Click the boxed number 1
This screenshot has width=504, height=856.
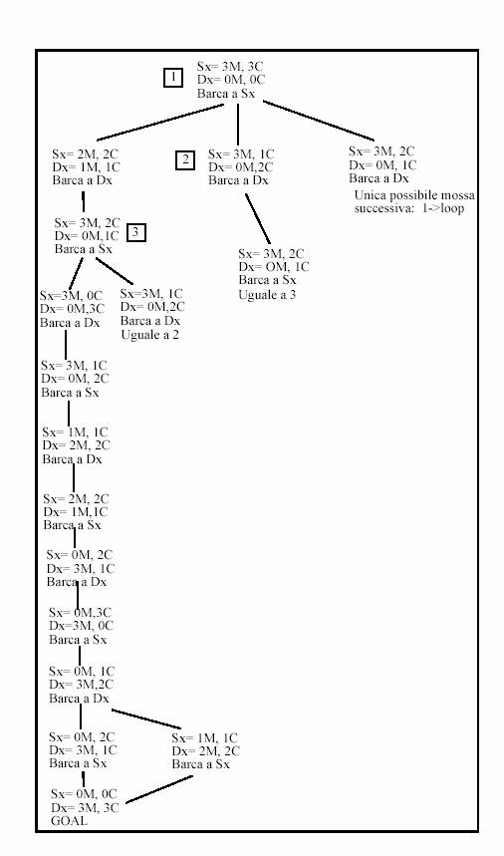173,78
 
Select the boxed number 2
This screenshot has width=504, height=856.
185,160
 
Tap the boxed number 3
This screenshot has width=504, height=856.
135,233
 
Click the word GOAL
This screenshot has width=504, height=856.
69,820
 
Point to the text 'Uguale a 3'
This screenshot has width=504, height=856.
267,295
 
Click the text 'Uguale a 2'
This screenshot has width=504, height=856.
150,335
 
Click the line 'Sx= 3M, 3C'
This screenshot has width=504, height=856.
230,67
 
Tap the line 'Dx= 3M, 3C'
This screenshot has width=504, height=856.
85,807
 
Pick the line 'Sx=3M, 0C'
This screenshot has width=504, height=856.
71,296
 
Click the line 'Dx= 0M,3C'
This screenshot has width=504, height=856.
72,309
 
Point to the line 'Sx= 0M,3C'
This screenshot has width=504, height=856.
80,613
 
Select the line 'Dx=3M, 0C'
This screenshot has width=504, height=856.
82,626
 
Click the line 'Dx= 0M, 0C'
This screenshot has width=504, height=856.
231,80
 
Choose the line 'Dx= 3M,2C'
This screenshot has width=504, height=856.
82,685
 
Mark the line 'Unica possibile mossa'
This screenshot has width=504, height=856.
414,195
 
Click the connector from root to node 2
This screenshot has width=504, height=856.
238,125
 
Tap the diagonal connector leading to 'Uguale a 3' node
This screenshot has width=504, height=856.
258,219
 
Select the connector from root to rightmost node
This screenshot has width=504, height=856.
319,121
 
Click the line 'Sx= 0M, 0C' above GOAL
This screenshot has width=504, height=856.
84,794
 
